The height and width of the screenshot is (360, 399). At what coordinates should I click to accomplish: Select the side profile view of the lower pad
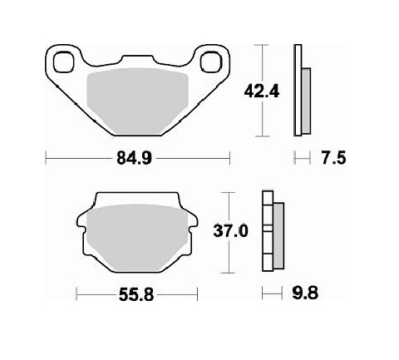(271, 233)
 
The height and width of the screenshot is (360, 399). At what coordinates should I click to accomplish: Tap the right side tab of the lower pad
(190, 223)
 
